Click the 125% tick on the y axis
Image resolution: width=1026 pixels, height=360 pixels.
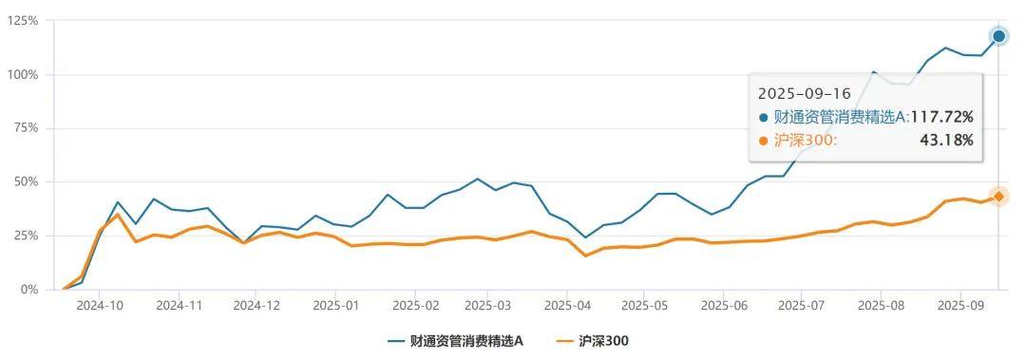[22, 20]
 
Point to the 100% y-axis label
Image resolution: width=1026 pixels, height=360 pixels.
[22, 74]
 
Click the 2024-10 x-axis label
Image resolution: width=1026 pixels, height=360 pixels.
[100, 306]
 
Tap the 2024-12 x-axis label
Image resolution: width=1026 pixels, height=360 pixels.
[256, 306]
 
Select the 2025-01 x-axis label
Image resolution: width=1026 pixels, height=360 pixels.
[335, 306]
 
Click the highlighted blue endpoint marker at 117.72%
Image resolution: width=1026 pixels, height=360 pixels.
[998, 36]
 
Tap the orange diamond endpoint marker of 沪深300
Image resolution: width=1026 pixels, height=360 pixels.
[998, 197]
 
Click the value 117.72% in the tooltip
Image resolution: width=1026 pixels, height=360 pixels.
[942, 117]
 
